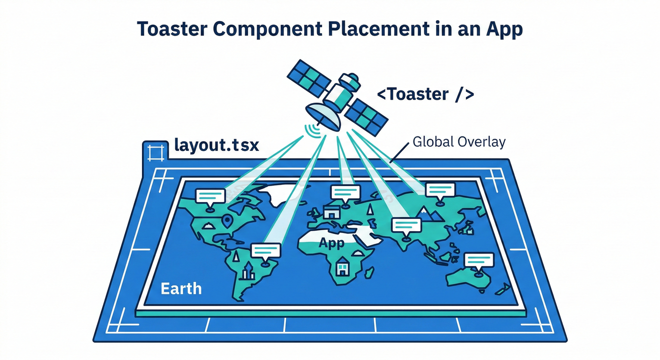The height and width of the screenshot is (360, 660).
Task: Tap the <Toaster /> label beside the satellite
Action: (x=426, y=95)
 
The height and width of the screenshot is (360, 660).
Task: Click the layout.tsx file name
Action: (x=217, y=145)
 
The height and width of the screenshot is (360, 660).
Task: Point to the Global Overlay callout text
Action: (x=459, y=142)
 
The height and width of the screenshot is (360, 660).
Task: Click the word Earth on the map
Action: (x=181, y=288)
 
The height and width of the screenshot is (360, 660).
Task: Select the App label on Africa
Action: (x=331, y=243)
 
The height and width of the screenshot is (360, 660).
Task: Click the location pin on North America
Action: (x=229, y=220)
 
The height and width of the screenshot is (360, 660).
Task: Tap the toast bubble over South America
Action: (x=266, y=251)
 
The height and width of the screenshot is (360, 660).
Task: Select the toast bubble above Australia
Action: (x=479, y=260)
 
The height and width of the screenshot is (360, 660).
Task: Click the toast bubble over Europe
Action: (x=345, y=193)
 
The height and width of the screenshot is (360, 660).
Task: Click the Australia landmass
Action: (x=468, y=279)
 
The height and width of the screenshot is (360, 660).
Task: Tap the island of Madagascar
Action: (x=370, y=272)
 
